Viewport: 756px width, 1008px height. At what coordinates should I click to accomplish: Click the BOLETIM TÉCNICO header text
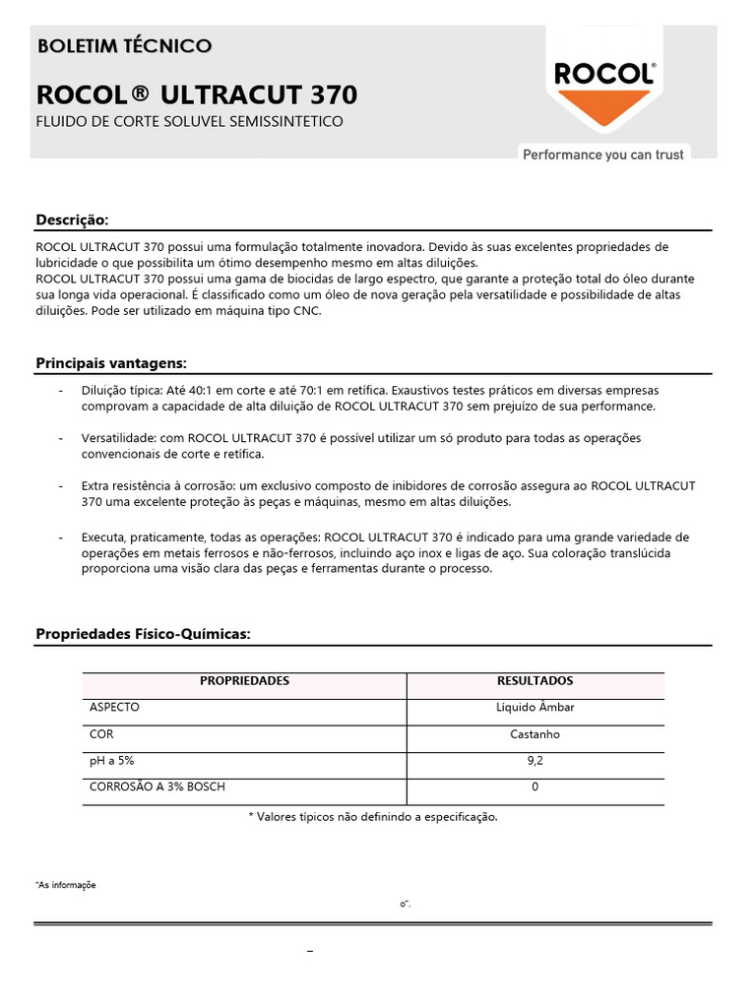click(x=123, y=46)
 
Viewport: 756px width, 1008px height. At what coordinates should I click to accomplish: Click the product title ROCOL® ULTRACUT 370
click(x=197, y=95)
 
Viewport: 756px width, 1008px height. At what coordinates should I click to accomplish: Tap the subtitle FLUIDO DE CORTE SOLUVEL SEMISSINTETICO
click(x=189, y=122)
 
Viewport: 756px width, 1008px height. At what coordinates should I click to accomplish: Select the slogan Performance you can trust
click(x=602, y=155)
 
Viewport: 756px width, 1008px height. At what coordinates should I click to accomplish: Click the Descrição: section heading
click(x=72, y=219)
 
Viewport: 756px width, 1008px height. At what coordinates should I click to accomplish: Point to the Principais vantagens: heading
click(x=110, y=363)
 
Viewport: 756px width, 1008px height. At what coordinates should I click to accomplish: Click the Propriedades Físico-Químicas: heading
click(x=144, y=634)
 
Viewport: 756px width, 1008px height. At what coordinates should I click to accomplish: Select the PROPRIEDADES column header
click(x=244, y=681)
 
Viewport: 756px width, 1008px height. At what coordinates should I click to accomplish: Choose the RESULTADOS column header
click(x=535, y=681)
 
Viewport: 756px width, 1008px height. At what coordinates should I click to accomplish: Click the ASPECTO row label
click(x=114, y=708)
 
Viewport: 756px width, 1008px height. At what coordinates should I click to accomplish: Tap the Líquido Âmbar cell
click(x=535, y=708)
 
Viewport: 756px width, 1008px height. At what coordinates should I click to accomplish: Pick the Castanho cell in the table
click(x=535, y=734)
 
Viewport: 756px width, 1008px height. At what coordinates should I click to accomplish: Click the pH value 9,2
click(x=535, y=760)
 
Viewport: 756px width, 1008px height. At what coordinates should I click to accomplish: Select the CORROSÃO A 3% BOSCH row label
click(x=163, y=787)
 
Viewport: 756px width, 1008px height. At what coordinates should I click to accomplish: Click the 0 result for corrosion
click(x=535, y=787)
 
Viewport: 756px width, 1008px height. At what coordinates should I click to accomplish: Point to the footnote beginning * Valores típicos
click(x=373, y=817)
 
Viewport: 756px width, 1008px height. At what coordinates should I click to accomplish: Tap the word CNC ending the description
click(x=306, y=311)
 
